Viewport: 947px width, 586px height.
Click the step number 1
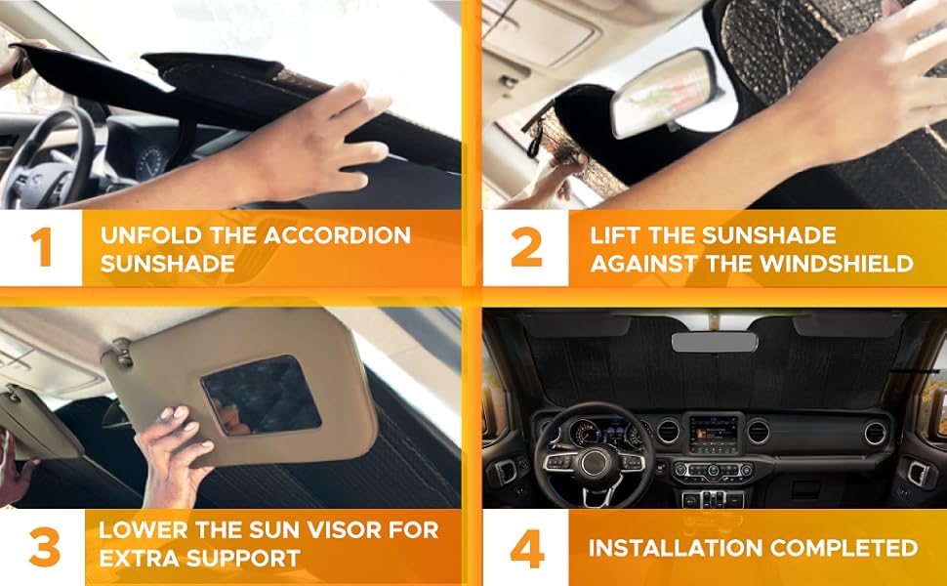(40, 248)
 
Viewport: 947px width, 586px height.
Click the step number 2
(525, 248)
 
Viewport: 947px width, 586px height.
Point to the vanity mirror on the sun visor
(261, 394)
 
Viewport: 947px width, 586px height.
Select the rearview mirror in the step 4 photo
(712, 342)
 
